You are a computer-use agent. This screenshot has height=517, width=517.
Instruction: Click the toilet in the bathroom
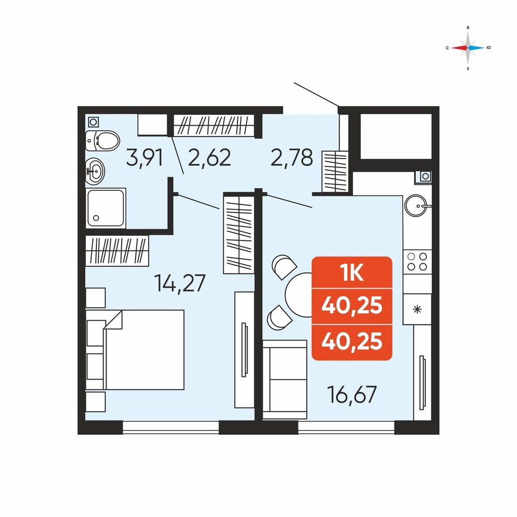coord(102,141)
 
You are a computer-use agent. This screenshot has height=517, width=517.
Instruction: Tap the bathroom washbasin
coord(95,171)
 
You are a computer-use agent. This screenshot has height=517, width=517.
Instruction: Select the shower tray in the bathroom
coord(106,208)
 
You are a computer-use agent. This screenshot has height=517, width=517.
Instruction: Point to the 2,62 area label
coord(209,157)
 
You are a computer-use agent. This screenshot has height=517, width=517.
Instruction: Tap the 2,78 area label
coord(292,157)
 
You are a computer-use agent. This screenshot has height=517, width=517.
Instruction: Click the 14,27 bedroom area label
coord(180,283)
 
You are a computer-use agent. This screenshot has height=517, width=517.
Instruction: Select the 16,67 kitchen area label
coord(352,394)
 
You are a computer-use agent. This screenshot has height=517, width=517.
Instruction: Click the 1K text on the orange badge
coord(352,272)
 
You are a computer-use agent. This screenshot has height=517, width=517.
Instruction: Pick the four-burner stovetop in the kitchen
coord(417,262)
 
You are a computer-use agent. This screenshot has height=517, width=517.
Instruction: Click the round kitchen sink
coord(417,205)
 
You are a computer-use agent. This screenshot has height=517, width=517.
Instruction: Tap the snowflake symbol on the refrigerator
coord(417,309)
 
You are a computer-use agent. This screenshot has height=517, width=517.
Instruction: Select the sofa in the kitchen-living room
coord(285,380)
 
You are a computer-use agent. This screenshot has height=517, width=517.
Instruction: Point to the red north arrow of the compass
coord(459,48)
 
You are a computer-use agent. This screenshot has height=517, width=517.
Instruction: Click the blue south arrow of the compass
coord(477,48)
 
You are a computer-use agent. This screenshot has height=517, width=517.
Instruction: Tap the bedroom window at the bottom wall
coord(171,427)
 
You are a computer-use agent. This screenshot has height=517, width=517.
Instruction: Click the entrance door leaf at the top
coord(316,95)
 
